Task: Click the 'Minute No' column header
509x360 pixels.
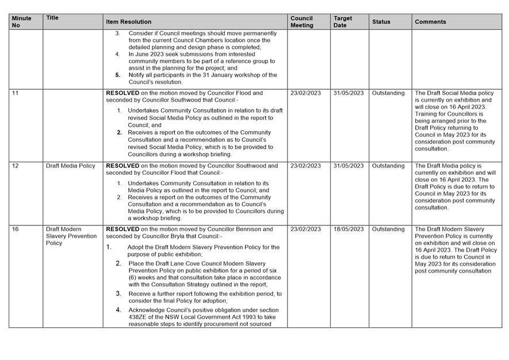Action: (22, 22)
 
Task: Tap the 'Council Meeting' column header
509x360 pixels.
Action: (302, 22)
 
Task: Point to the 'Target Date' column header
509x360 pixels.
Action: (343, 22)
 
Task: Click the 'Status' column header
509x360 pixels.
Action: (381, 22)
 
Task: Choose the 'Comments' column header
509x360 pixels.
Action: (430, 22)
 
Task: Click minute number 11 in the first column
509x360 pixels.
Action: (16, 93)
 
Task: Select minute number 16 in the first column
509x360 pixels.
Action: (16, 229)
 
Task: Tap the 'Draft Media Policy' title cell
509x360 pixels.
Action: (71, 166)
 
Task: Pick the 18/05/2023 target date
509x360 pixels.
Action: (349, 229)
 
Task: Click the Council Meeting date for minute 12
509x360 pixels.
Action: (305, 166)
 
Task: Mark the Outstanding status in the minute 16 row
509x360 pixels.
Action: (388, 229)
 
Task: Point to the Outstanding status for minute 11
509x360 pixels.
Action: (388, 93)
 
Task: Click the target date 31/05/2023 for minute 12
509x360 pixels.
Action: (349, 166)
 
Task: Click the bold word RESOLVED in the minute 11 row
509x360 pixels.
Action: (123, 93)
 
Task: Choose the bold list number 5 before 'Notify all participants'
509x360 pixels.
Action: (118, 75)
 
